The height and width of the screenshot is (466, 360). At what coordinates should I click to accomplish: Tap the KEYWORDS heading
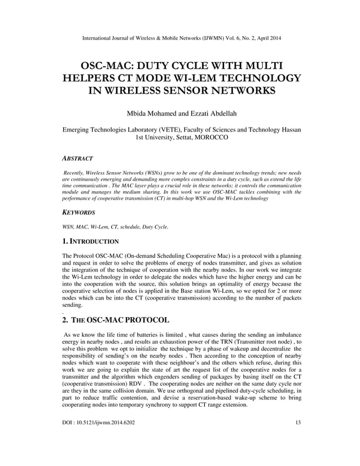coord(78,213)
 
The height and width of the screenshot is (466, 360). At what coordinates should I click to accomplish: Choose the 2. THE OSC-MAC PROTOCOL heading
coord(116,319)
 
